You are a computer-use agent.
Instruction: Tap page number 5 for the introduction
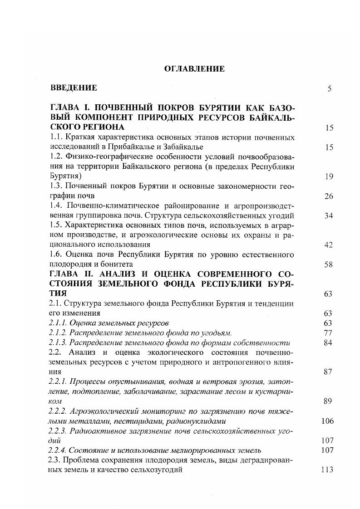[329, 88]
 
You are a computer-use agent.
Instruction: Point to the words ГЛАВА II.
[69, 274]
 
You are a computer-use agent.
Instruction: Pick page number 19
[329, 177]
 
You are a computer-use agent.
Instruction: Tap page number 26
[329, 196]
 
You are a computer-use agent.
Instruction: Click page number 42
[329, 245]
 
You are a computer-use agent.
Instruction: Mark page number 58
[329, 265]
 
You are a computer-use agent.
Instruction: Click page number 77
[329, 333]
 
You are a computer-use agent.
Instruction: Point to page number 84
[329, 343]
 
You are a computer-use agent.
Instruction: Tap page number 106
[327, 421]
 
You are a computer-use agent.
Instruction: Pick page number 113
[327, 470]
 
